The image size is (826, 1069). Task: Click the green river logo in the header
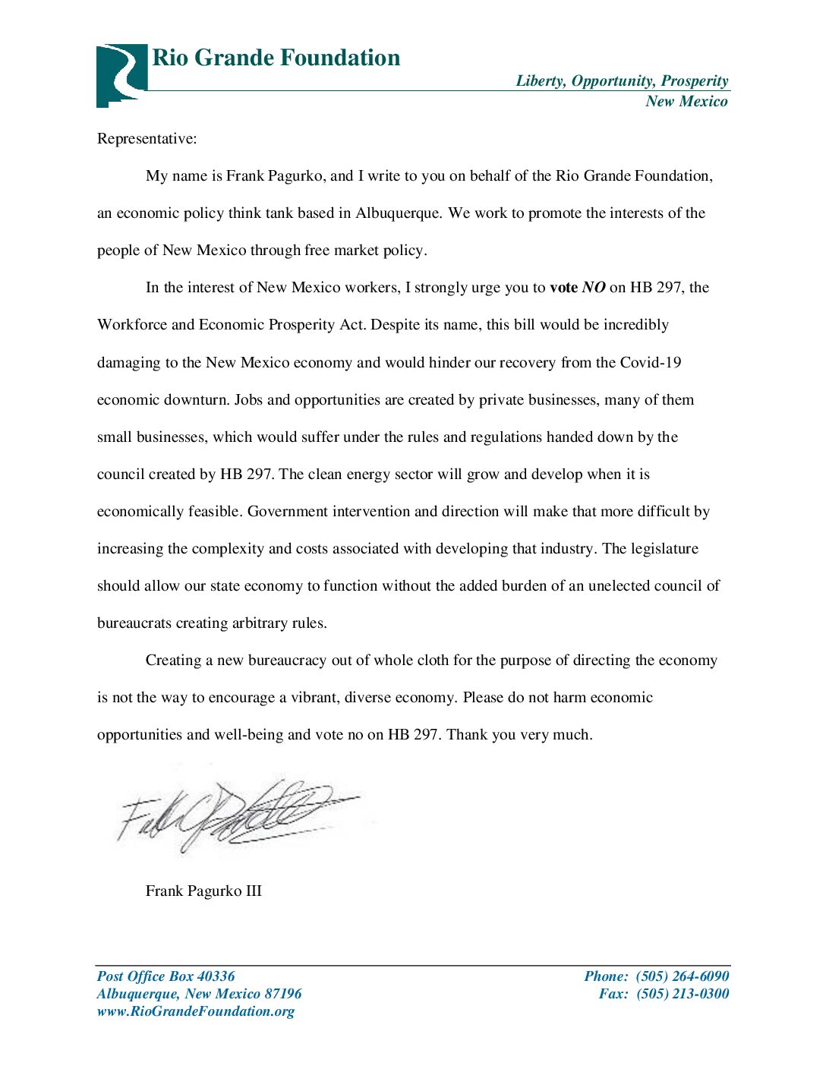click(121, 74)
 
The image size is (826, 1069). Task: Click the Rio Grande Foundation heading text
click(276, 58)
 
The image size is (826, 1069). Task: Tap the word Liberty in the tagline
click(540, 81)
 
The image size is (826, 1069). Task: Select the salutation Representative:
click(147, 139)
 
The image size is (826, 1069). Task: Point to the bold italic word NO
click(594, 288)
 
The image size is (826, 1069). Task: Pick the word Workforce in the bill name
click(132, 325)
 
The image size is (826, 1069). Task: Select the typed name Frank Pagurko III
click(203, 891)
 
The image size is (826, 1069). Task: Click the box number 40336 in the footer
click(216, 976)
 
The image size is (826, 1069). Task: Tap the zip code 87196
click(282, 994)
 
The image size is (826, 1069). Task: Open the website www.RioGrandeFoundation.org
click(195, 1011)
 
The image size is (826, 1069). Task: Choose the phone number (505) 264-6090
click(682, 976)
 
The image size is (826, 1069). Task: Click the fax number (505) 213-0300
click(682, 994)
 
